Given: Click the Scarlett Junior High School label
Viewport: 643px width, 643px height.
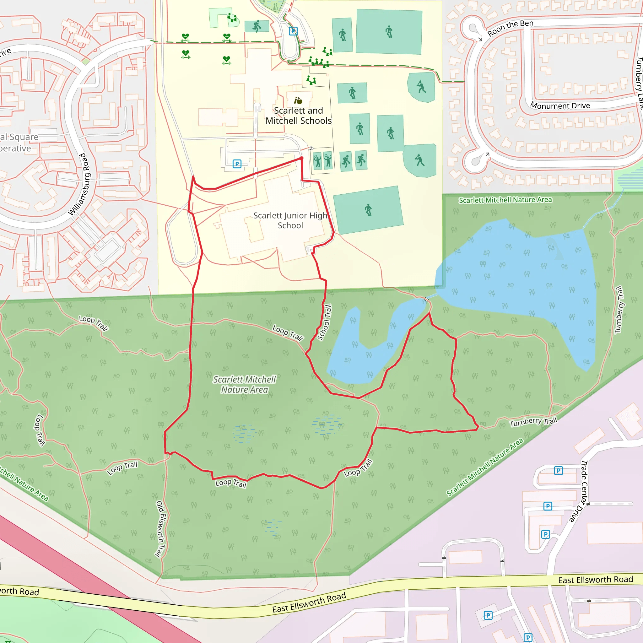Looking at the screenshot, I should [290, 220].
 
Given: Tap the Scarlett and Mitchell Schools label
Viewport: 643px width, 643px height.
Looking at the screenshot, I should [298, 116].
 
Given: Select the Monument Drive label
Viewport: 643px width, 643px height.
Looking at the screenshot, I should [560, 105].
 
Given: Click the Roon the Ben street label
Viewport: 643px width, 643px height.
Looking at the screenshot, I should [510, 28].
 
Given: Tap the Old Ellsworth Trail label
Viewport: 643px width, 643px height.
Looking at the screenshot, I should [161, 529].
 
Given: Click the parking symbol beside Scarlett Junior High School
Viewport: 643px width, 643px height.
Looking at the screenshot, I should [237, 164].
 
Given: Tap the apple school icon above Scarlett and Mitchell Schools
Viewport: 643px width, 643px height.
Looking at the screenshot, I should [298, 100].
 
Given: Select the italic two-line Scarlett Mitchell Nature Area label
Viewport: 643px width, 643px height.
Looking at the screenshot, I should [245, 384].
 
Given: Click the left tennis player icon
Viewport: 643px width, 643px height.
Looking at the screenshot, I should [317, 161].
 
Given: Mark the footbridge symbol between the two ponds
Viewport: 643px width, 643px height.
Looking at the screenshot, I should [426, 300].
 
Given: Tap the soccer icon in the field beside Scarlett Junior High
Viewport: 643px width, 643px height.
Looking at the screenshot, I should [368, 210].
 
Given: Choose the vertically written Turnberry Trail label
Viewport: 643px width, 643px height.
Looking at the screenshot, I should [619, 310].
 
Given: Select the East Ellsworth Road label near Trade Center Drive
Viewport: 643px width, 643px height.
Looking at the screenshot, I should [595, 580].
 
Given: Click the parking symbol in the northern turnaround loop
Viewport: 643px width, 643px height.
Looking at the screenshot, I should [293, 31].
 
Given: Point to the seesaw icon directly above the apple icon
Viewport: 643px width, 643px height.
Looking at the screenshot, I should [311, 80].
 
